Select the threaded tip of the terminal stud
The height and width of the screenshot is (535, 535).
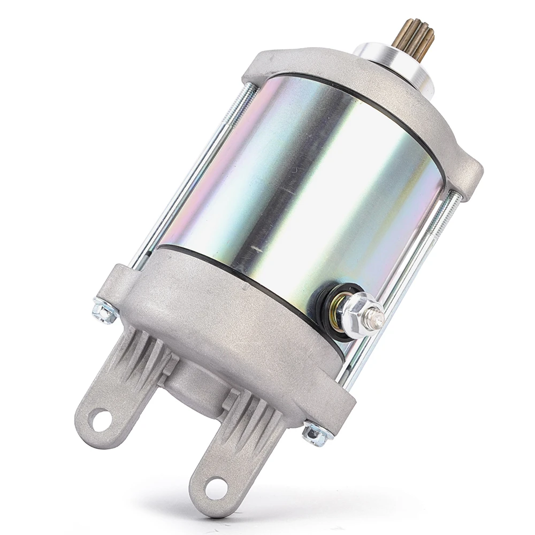(377, 319)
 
